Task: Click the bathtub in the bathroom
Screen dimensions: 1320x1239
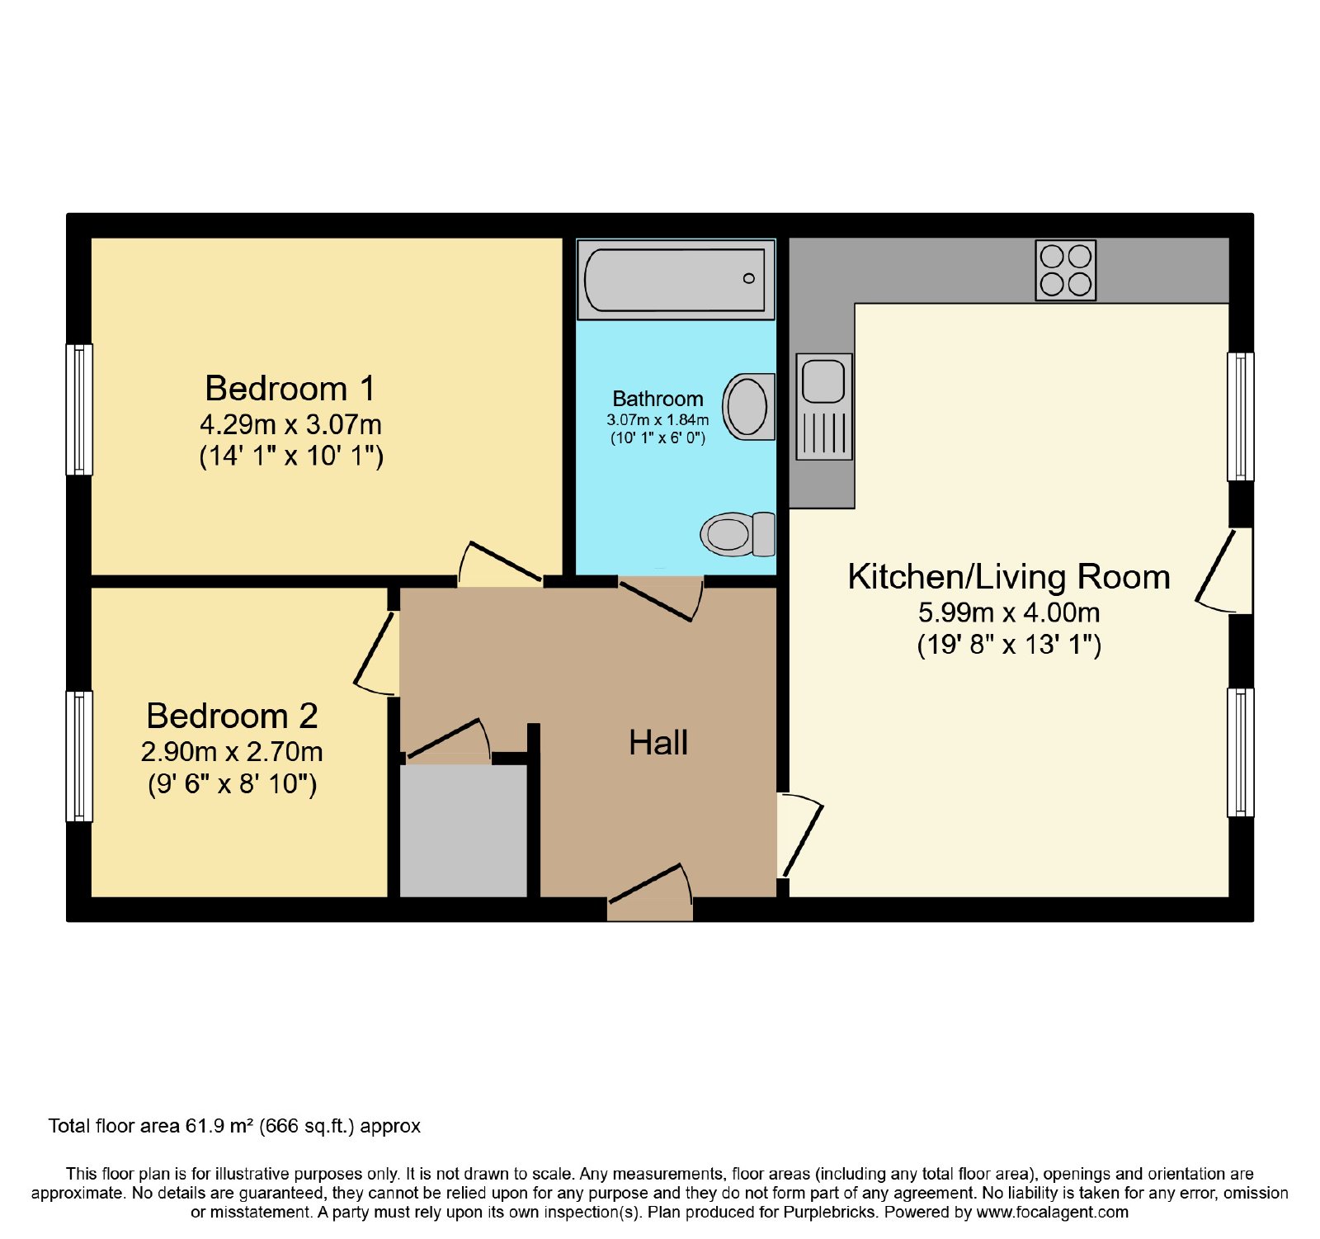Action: pos(676,280)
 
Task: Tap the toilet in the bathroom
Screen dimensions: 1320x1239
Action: pos(738,534)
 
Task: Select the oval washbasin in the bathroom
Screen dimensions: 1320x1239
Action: pos(748,406)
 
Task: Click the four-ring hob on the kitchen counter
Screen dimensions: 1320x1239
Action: pos(1065,270)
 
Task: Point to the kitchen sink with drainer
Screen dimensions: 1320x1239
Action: pos(823,406)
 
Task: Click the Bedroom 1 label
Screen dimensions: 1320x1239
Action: pos(290,388)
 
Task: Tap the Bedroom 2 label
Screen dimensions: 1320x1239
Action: pos(232,716)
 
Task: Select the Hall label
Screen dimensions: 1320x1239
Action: pos(658,743)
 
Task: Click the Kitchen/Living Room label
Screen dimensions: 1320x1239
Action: pos(1009,576)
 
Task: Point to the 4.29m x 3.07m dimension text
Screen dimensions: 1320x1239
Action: pos(290,425)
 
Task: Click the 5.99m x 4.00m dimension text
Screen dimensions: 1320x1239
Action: pos(1009,612)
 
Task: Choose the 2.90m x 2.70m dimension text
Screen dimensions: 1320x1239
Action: pos(232,752)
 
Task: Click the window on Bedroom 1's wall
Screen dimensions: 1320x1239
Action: pos(79,409)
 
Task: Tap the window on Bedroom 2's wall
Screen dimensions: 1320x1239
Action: pos(79,756)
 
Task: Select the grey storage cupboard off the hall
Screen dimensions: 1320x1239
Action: pos(464,831)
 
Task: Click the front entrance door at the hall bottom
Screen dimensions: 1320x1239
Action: pos(650,892)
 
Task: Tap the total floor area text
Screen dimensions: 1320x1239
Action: pos(234,1126)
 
